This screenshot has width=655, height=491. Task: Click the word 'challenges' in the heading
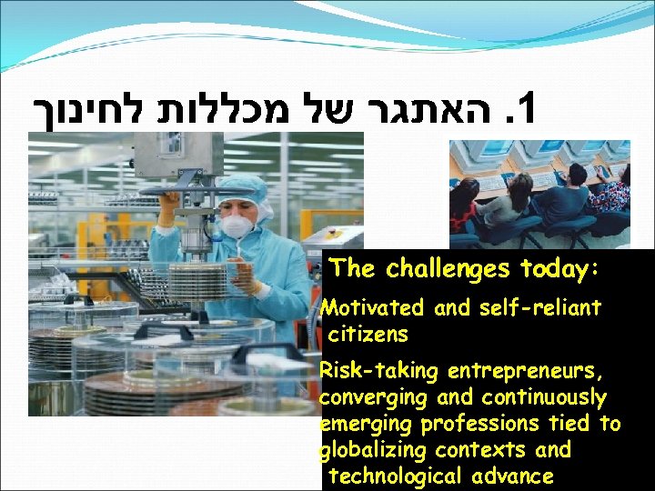[446, 269]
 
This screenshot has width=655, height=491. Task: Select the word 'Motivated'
[375, 308]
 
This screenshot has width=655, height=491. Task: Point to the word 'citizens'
[368, 334]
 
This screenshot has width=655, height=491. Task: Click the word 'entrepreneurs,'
[522, 372]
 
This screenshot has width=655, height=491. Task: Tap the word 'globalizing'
[375, 450]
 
